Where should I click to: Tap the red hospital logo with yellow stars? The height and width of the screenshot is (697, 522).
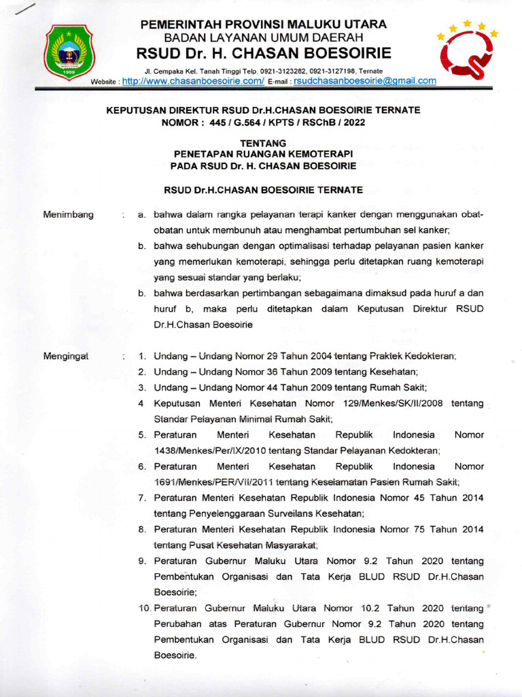click(468, 51)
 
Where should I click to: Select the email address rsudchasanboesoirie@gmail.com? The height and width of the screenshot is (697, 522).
click(364, 80)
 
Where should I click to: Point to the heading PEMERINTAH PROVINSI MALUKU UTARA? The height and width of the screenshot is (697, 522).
click(264, 25)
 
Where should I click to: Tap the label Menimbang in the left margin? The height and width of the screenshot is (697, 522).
click(68, 214)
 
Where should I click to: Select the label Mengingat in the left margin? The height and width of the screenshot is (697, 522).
click(67, 356)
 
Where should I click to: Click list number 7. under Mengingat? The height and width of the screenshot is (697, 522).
click(143, 498)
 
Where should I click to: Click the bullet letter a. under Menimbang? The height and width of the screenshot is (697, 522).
click(142, 214)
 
